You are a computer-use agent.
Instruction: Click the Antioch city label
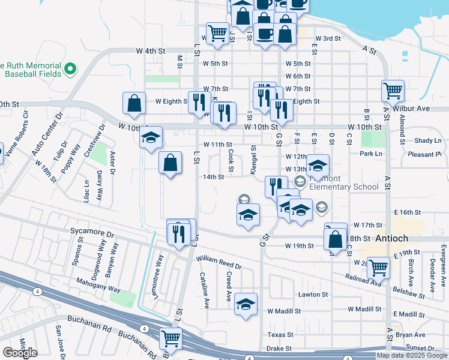(393, 238)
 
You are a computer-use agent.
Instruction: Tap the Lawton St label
(313, 295)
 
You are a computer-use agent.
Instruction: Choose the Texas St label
(280, 335)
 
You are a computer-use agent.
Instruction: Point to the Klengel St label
(253, 160)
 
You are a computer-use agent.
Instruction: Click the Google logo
(20, 353)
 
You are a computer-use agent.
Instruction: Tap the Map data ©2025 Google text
(412, 355)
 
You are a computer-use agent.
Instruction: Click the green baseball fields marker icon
(70, 69)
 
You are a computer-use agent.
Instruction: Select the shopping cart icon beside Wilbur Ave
(392, 91)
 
